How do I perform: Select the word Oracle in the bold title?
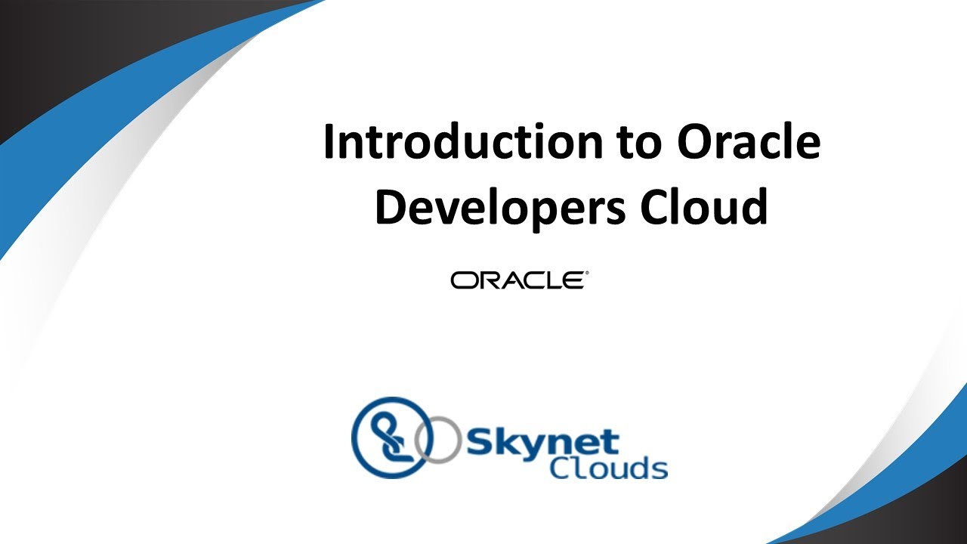coord(748,143)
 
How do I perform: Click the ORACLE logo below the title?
coord(517,280)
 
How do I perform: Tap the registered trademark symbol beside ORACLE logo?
coord(586,274)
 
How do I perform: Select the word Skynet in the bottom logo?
coord(542,442)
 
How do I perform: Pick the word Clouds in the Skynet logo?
coord(608,468)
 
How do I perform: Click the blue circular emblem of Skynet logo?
coord(392,437)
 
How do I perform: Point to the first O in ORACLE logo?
coord(462,280)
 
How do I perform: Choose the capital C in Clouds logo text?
coord(561,468)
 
